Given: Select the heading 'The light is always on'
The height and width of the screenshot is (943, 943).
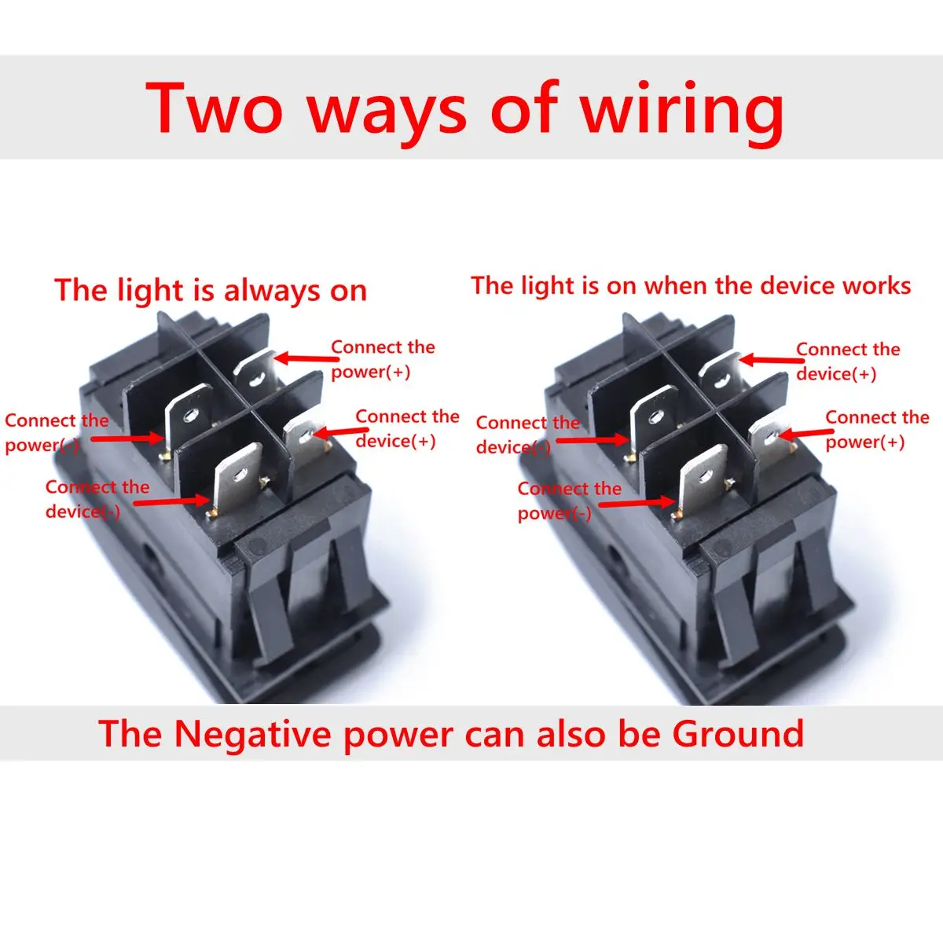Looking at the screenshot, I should coord(211,291).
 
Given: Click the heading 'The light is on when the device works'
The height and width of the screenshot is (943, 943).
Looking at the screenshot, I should coord(691,285).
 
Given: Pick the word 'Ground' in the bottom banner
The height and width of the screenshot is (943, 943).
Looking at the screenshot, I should coord(738,734).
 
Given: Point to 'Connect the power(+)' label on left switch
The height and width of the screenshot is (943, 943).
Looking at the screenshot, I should coord(383,359).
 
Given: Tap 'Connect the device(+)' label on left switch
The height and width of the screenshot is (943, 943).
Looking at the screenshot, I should coord(407,428).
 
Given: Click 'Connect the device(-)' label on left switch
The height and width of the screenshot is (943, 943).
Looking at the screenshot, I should coord(96,499).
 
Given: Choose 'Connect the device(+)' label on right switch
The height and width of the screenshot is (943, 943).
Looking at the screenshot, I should coord(847,361).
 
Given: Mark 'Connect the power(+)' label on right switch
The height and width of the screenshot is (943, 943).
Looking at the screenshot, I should coord(876,429).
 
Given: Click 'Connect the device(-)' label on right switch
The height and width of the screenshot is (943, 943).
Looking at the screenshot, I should coord(527,435).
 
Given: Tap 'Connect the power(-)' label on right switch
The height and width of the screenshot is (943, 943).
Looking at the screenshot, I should coord(568,501).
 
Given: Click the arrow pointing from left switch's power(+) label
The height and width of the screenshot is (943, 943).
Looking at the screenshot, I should coord(302,358).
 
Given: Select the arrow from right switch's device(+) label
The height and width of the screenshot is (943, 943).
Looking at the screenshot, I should coord(767,360).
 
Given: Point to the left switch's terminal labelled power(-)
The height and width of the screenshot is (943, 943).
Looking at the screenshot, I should coord(189,416).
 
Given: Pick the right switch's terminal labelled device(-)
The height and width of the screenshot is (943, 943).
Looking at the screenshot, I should coord(654,416).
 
